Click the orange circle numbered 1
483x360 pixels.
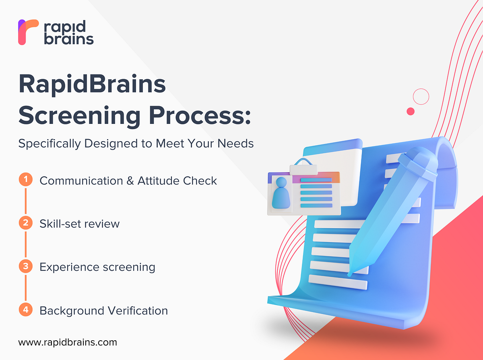click(x=26, y=180)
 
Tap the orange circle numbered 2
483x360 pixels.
click(x=26, y=223)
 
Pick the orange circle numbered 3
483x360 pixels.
click(x=26, y=266)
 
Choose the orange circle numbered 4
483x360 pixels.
click(x=26, y=310)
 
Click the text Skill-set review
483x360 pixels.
click(x=79, y=224)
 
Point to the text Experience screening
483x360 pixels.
click(x=97, y=267)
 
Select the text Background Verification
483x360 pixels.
click(x=103, y=311)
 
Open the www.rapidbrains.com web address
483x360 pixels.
click(x=68, y=342)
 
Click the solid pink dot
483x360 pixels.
click(x=411, y=111)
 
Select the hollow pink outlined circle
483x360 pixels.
click(x=421, y=97)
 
